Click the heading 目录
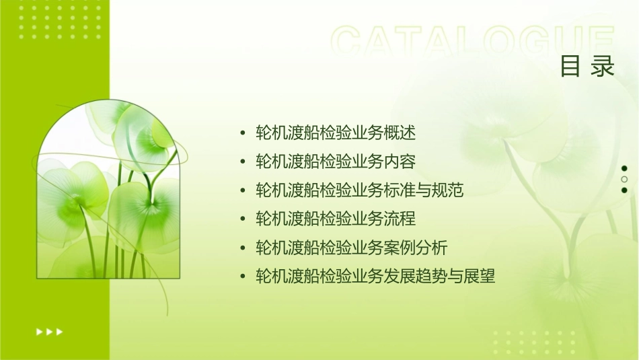coord(587,66)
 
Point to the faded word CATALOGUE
coord(472,42)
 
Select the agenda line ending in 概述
coord(336,133)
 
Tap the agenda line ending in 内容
coord(336,161)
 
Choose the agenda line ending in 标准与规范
coord(360,190)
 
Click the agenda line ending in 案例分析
coord(351,248)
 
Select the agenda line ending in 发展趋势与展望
coord(375,277)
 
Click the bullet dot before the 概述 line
coord(243,133)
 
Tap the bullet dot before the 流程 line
coord(243,219)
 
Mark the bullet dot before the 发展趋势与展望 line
coord(243,277)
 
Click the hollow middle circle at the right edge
coord(624,179)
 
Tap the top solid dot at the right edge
coord(624,168)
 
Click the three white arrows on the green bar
coord(49,331)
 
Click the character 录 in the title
coord(603,66)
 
